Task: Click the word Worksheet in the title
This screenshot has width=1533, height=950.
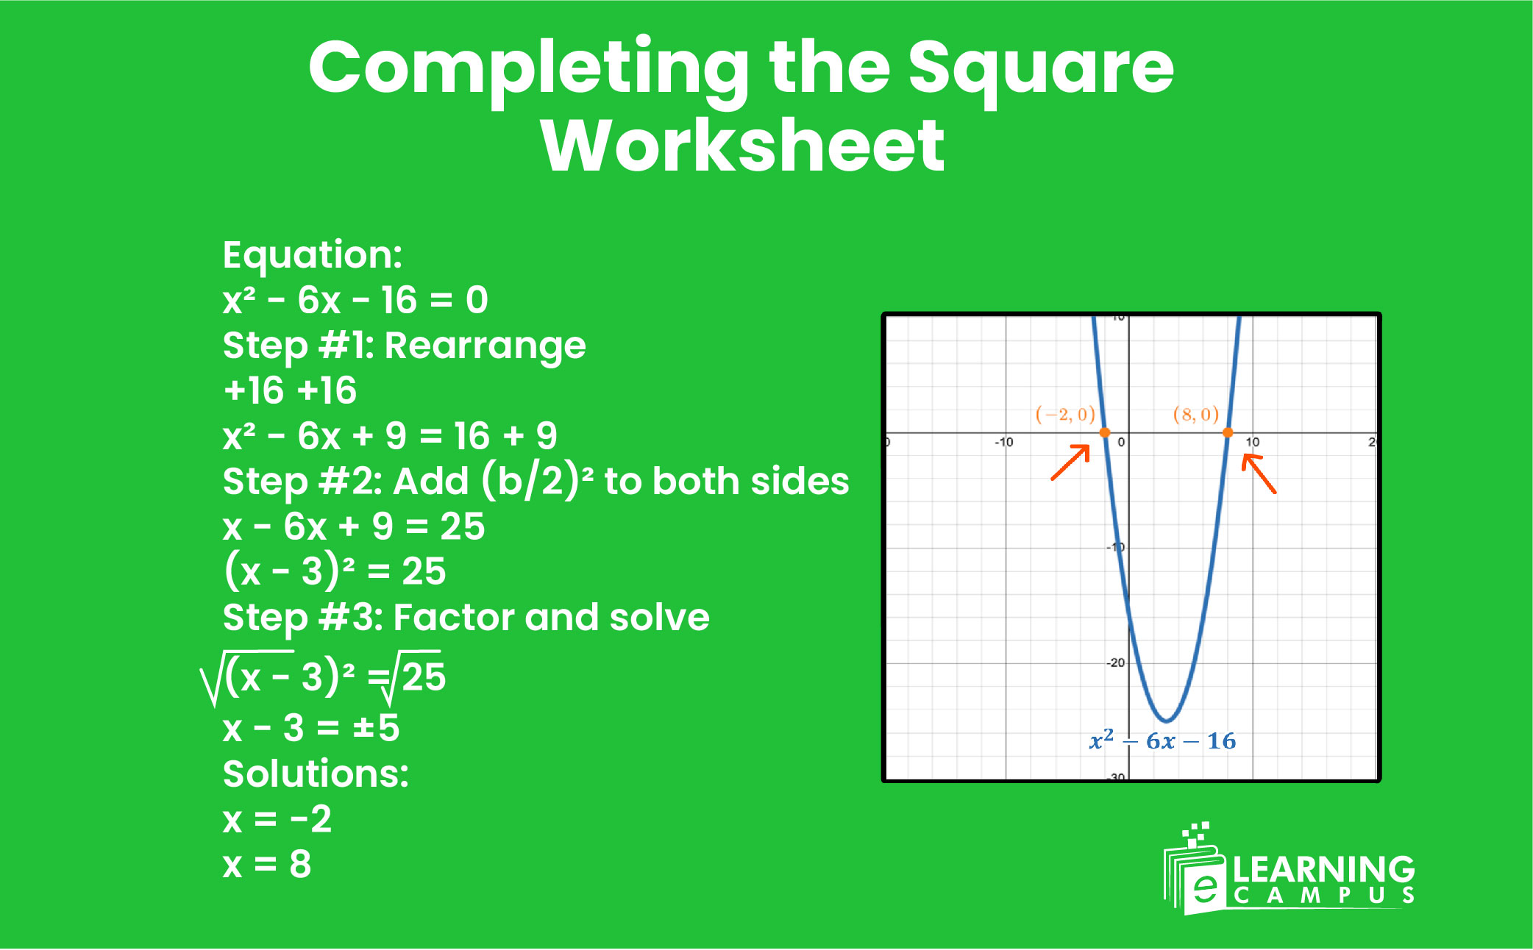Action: point(743,146)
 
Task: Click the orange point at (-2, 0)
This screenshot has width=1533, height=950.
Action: point(1104,432)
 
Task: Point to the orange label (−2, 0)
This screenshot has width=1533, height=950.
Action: point(1064,414)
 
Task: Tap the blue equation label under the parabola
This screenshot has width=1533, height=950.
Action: point(1162,740)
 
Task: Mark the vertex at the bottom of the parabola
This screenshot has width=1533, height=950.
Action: point(1166,720)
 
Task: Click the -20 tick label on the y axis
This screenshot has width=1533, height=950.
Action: point(1116,662)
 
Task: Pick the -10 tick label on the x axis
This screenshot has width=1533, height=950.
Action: point(1003,442)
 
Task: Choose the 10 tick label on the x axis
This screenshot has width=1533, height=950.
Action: point(1252,442)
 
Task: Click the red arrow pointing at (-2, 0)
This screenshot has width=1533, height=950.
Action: point(1070,462)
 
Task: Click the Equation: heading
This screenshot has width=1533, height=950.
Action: point(313,255)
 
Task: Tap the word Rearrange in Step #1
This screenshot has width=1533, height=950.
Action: point(485,346)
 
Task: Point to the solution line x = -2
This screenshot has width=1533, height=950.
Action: point(277,818)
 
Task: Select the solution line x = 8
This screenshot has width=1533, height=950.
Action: point(267,864)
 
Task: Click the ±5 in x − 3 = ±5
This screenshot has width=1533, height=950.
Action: point(376,727)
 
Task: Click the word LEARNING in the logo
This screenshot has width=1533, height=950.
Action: point(1323,869)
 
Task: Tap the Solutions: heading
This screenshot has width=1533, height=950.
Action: point(316,774)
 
